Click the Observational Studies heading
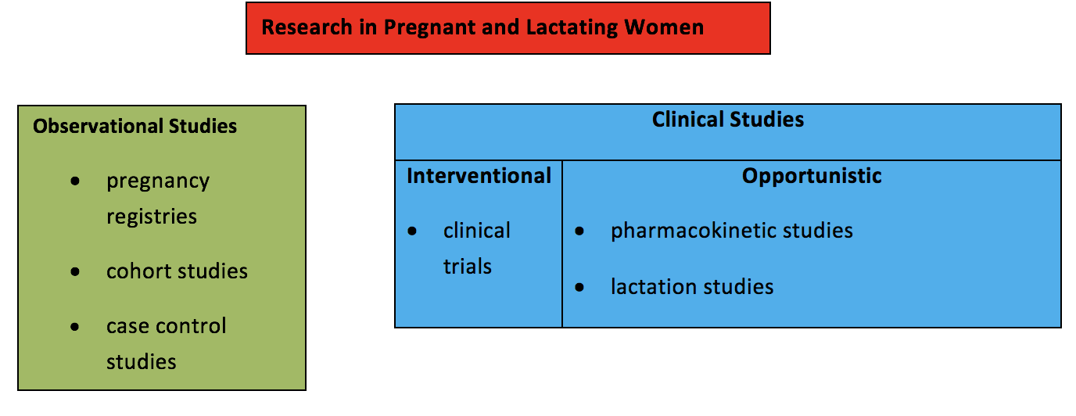click(135, 127)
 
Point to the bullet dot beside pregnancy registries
click(75, 181)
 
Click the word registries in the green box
click(152, 217)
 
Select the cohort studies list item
click(178, 271)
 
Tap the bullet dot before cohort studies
click(75, 272)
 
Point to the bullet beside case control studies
click(74, 327)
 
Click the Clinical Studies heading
click(728, 119)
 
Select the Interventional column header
click(479, 176)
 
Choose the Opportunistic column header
click(812, 176)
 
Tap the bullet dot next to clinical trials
click(412, 231)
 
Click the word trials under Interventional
click(468, 267)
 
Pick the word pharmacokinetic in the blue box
click(693, 231)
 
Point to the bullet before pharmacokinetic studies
click(579, 231)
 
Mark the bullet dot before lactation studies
click(579, 288)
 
